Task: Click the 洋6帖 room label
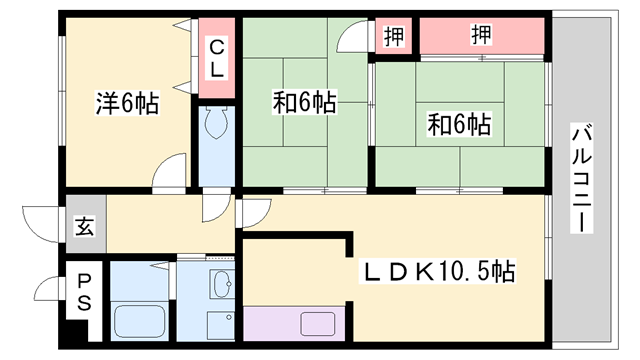tap(127, 103)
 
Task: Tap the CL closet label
tap(216, 57)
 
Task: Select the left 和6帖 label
tap(305, 102)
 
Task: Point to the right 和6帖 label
tap(459, 125)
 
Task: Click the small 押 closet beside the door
tap(394, 36)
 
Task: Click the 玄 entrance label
tap(84, 226)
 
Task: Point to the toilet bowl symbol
tap(215, 125)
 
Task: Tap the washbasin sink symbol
tap(223, 286)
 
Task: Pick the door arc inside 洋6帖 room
tap(171, 171)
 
